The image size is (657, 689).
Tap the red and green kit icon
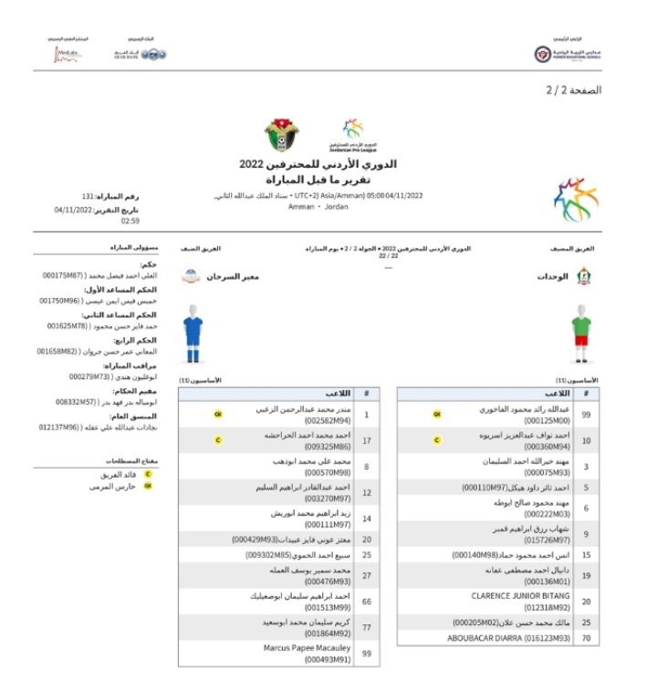point(582,330)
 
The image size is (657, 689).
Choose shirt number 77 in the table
point(366,628)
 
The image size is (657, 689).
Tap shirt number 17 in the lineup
point(366,441)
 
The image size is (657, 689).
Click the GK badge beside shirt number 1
point(218,415)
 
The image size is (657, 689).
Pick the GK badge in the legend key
point(148,486)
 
